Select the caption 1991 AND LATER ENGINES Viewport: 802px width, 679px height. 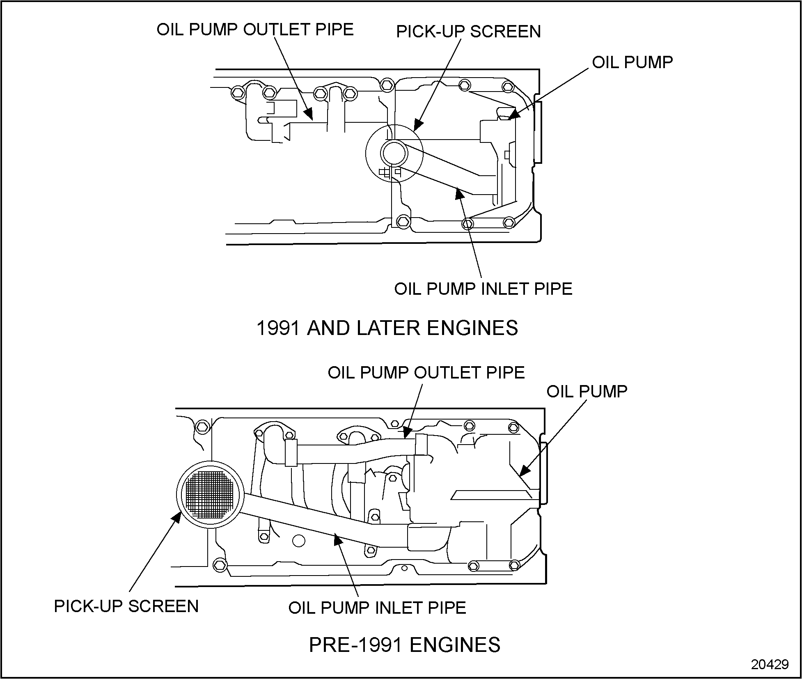pyautogui.click(x=387, y=328)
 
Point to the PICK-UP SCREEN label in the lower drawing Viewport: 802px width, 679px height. pyautogui.click(x=126, y=606)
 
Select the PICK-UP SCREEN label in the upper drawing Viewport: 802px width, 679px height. pyautogui.click(x=468, y=32)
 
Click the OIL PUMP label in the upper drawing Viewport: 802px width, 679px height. pyautogui.click(x=632, y=62)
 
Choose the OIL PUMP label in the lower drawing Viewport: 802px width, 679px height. pyautogui.click(x=587, y=391)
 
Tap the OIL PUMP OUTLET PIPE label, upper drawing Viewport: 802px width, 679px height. pyautogui.click(x=255, y=30)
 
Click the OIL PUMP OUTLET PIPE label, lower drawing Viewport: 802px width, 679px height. pyautogui.click(x=426, y=372)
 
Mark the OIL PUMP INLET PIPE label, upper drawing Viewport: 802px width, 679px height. pyautogui.click(x=483, y=289)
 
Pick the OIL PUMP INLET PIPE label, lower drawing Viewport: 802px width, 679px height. pyautogui.click(x=377, y=608)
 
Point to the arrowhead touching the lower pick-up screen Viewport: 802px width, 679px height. pyautogui.click(x=177, y=517)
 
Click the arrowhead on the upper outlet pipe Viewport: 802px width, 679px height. pyautogui.click(x=308, y=114)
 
